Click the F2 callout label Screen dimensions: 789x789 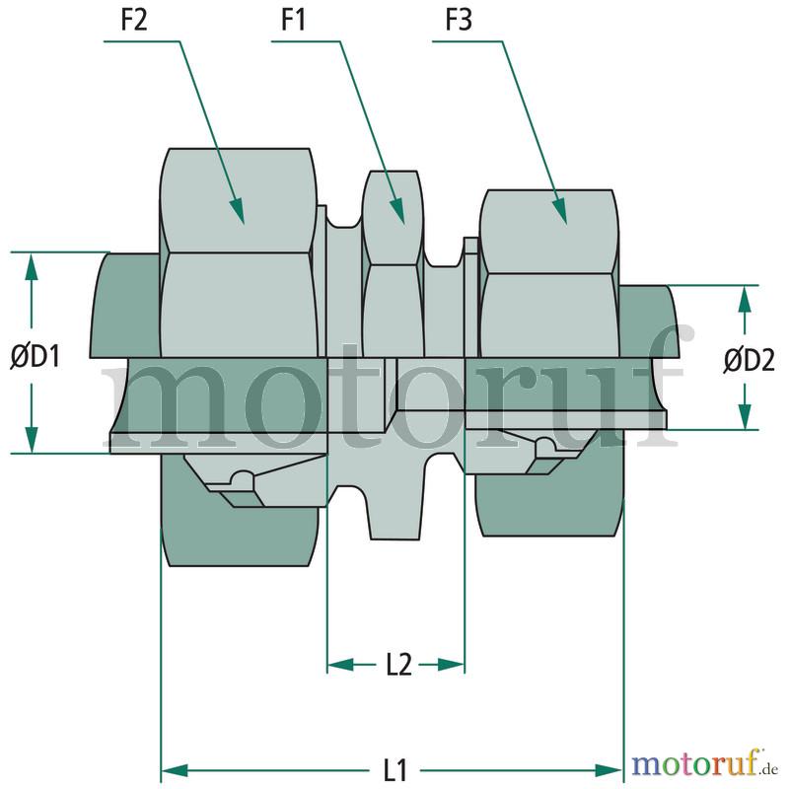pos(134,21)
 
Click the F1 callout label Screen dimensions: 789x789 pos(293,21)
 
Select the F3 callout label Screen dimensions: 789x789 pos(459,21)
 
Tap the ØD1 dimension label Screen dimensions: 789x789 pos(36,357)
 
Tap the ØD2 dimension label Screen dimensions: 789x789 pos(750,360)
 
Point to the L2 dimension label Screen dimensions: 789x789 pos(399,665)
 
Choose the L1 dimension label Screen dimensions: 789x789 pos(395,770)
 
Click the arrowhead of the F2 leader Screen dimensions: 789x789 pos(238,210)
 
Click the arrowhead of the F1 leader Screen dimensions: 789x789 pos(397,210)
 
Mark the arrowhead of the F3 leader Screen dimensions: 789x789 pos(560,210)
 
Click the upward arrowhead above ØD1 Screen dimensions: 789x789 pos(32,265)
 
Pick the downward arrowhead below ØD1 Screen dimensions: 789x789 pos(32,439)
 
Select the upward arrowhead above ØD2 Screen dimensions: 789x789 pos(745,300)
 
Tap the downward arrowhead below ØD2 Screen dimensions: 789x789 pos(745,416)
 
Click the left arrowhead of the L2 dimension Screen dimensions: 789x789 pos(340,665)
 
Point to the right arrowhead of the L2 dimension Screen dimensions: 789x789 pos(451,665)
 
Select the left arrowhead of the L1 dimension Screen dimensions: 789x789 pos(175,770)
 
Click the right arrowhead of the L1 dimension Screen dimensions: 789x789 pos(609,770)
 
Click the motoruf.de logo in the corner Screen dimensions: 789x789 pos(704,765)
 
